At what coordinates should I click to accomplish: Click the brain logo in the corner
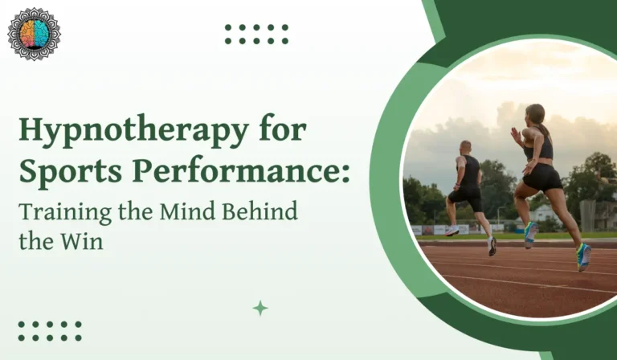point(34,35)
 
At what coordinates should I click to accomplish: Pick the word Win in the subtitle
point(86,240)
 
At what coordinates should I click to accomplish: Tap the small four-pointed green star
point(260,308)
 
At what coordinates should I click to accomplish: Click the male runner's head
point(467,148)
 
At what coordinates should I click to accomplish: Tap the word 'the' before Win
point(37,240)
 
